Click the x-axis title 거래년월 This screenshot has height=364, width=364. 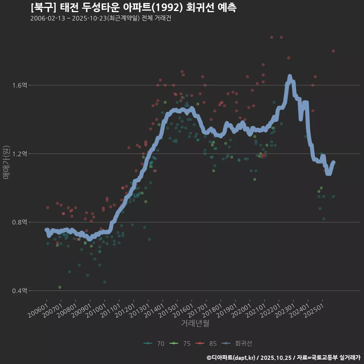tap(195, 323)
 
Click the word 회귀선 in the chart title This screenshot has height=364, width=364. tap(201, 7)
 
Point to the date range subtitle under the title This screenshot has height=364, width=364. tap(101, 18)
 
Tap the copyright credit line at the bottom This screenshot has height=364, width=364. tap(284, 357)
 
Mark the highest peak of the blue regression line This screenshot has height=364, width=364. tap(290, 77)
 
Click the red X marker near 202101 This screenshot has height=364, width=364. tap(263, 155)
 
